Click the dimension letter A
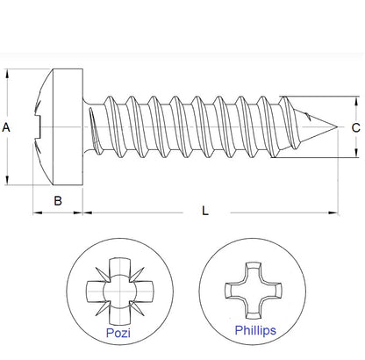point(7,127)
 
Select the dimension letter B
point(58,200)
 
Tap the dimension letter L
point(205,212)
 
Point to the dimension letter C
point(354,128)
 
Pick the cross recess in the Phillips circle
point(254,289)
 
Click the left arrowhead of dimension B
point(36,212)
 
